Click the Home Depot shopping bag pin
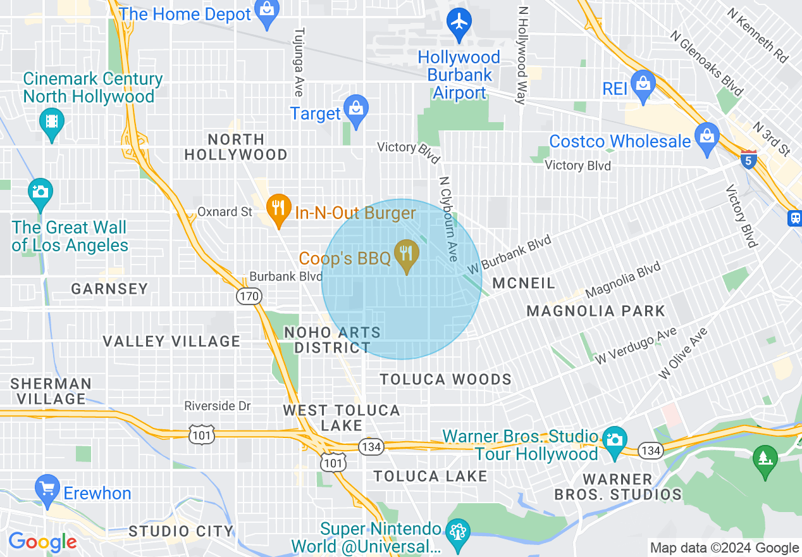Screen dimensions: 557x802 pyautogui.click(x=268, y=13)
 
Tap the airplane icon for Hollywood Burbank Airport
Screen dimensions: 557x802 pyautogui.click(x=459, y=22)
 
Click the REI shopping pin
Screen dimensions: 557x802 pyautogui.click(x=643, y=85)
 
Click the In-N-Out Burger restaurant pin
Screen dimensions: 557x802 pyautogui.click(x=278, y=208)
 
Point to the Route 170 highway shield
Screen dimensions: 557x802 pyautogui.click(x=249, y=296)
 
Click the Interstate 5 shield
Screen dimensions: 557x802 pyautogui.click(x=749, y=161)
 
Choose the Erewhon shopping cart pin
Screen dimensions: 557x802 pyautogui.click(x=48, y=489)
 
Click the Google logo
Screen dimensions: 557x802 pyautogui.click(x=42, y=542)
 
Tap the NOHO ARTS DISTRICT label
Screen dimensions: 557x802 pyautogui.click(x=333, y=340)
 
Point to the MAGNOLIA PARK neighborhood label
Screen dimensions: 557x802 pyautogui.click(x=595, y=311)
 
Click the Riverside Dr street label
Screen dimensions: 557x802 pyautogui.click(x=218, y=406)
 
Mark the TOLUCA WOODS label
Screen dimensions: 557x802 pyautogui.click(x=445, y=379)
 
